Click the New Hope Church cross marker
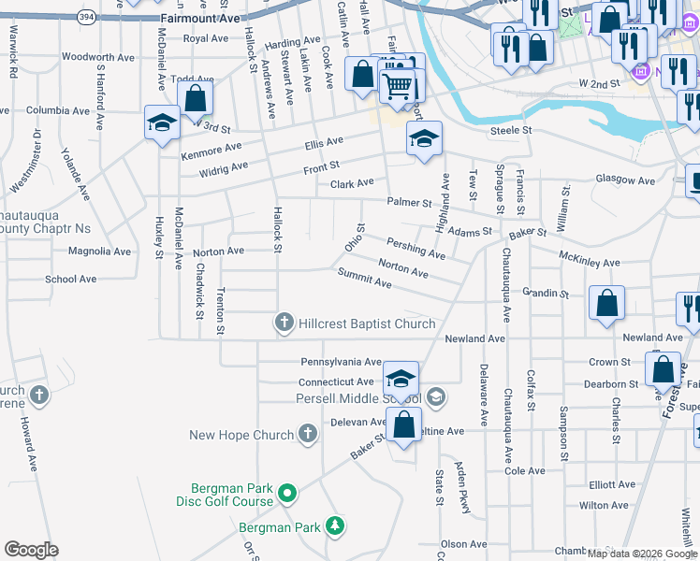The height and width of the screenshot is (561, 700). point(308,434)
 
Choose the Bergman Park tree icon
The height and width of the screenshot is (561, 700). point(334,528)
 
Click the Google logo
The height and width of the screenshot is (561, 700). point(31,550)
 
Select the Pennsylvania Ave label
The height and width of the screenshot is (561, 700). point(341,362)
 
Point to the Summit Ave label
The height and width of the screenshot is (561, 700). point(365,277)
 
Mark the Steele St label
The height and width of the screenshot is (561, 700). point(512,130)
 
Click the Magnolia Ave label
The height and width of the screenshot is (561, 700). point(100,251)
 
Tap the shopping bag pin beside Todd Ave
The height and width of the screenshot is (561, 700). point(195,97)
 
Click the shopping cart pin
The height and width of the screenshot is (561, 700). point(399,85)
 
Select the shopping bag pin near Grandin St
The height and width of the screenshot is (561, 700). point(607,303)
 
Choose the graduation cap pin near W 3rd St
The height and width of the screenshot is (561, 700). point(162,123)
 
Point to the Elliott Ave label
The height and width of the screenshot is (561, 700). point(613,484)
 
